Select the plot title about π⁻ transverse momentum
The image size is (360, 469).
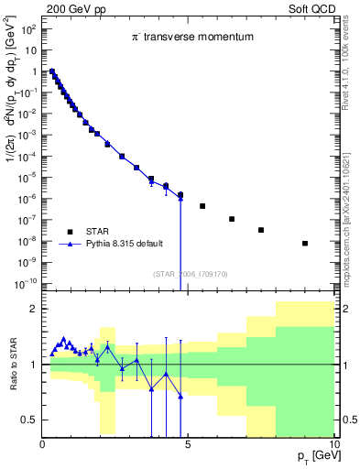(x=190, y=37)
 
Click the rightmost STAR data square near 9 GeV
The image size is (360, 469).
(x=305, y=244)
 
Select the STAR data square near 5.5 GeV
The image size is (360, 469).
(x=202, y=206)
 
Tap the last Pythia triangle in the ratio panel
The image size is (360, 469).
(x=180, y=396)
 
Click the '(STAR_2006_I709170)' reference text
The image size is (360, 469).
(x=190, y=273)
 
